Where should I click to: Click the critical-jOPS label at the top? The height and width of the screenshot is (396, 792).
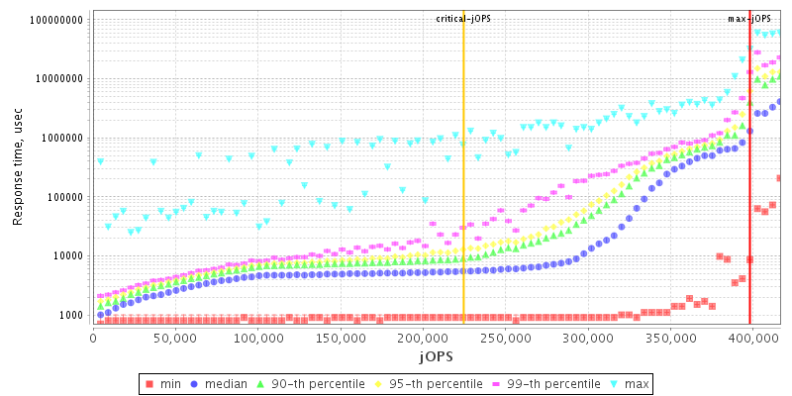(463, 19)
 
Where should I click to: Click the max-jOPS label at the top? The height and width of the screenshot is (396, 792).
(749, 19)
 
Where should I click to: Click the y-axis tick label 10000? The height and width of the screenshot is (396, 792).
(69, 255)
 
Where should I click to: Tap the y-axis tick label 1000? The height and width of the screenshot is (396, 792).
(72, 315)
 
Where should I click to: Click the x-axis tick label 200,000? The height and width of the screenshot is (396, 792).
(422, 338)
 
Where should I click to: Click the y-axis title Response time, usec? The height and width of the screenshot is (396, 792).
(19, 168)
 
